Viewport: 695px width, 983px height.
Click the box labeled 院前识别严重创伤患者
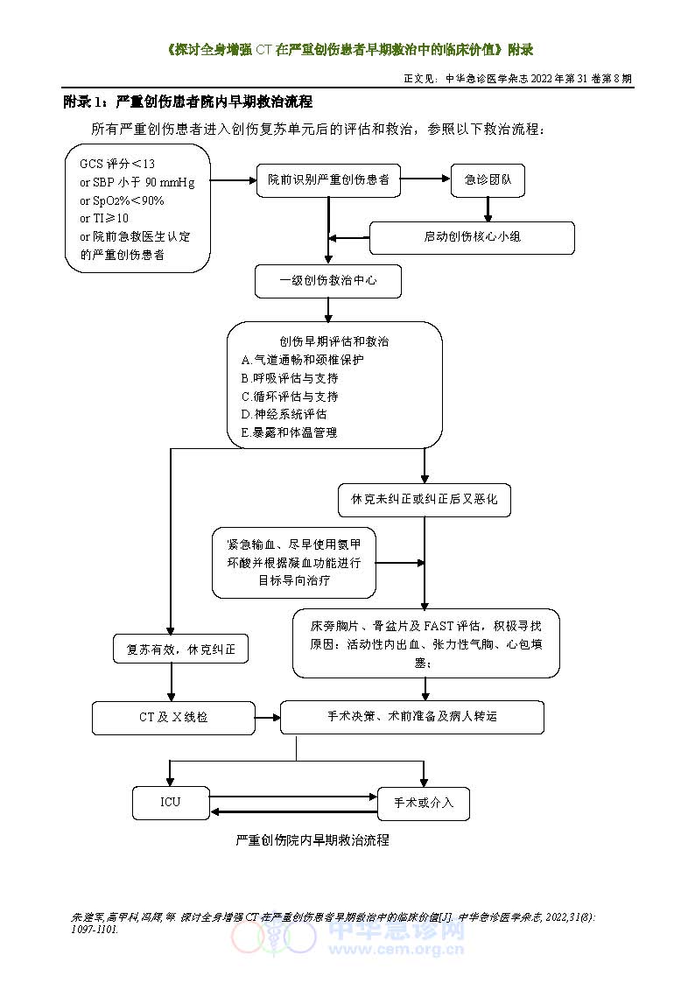pyautogui.click(x=328, y=179)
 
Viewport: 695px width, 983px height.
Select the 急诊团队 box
pyautogui.click(x=488, y=179)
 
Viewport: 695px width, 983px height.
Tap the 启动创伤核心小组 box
pyautogui.click(x=472, y=237)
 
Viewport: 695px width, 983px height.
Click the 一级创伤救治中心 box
pyautogui.click(x=328, y=282)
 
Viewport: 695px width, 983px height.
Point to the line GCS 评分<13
pyautogui.click(x=117, y=164)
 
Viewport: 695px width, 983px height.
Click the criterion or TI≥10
pyautogui.click(x=104, y=218)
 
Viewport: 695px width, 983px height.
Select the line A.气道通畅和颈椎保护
pyautogui.click(x=302, y=360)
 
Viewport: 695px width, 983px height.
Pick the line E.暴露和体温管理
pyautogui.click(x=289, y=432)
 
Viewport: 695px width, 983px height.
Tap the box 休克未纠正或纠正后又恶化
pyautogui.click(x=424, y=499)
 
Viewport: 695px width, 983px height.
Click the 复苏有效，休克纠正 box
pyautogui.click(x=181, y=649)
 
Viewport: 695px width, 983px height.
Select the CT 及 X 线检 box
pyautogui.click(x=173, y=718)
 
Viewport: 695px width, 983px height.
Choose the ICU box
pyautogui.click(x=171, y=802)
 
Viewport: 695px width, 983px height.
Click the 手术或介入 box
pyautogui.click(x=424, y=803)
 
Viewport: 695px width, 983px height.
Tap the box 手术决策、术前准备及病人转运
pyautogui.click(x=411, y=717)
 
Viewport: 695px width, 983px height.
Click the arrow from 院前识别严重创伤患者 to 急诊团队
pyautogui.click(x=425, y=179)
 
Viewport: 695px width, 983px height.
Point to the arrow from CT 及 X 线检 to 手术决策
pyautogui.click(x=267, y=718)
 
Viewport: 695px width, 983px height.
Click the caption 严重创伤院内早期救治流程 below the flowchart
pyautogui.click(x=312, y=840)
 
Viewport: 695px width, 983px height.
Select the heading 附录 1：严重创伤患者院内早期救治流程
pyautogui.click(x=188, y=102)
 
